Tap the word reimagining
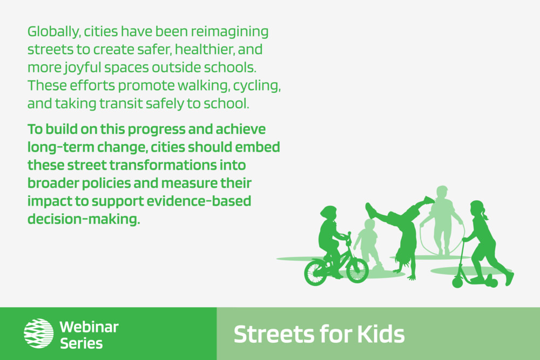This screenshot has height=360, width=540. [230, 32]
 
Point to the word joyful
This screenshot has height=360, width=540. [83, 68]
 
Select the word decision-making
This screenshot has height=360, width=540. [84, 219]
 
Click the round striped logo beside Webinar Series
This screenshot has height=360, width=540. [38, 333]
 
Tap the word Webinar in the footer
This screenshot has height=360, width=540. [89, 327]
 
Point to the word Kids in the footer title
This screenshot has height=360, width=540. [381, 334]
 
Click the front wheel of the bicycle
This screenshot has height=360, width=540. [357, 270]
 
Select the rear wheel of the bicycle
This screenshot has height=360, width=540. [316, 273]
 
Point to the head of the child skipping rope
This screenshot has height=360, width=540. [442, 192]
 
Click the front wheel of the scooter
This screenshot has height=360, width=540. [457, 282]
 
